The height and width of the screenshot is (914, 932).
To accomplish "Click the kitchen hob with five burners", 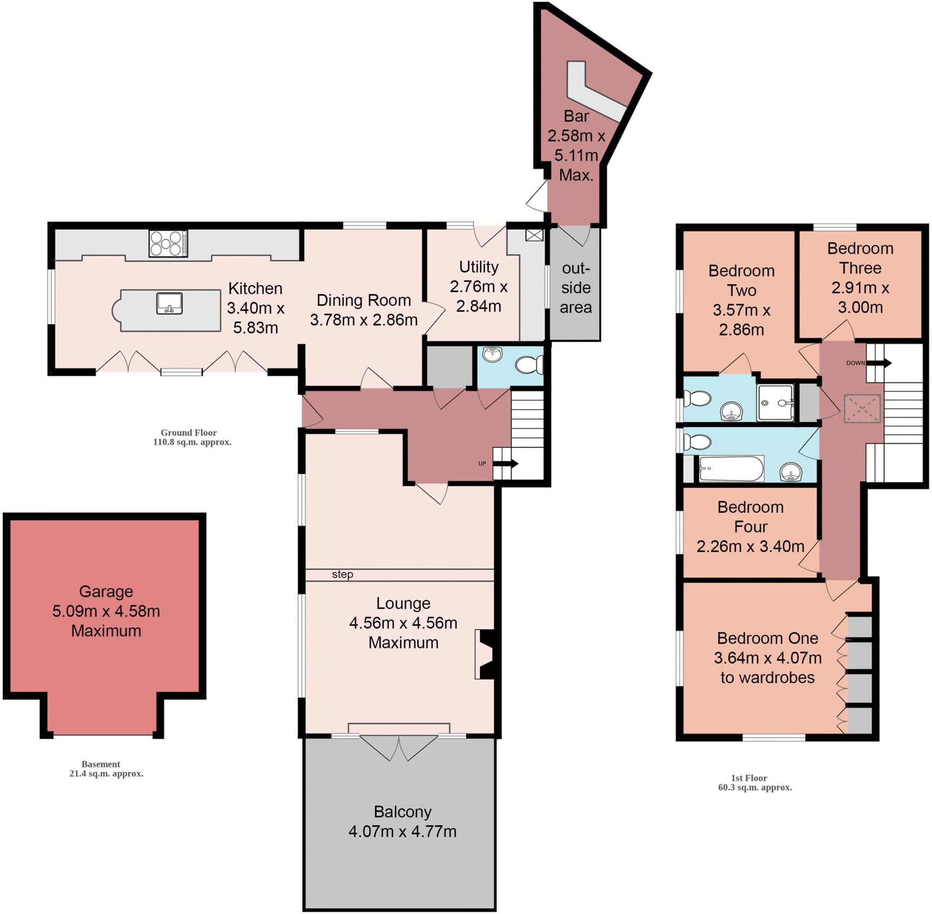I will pos(168,243).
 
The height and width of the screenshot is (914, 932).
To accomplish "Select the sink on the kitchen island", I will pos(169,303).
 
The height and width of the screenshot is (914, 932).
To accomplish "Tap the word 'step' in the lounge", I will pos(343,574).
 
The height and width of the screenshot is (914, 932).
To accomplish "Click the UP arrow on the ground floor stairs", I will pos(506,464).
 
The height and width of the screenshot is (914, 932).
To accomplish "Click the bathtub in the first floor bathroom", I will pos(731,469).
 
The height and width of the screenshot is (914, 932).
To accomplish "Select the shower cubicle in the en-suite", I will pos(775,403).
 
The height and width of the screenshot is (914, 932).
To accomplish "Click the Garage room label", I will pos(106,592).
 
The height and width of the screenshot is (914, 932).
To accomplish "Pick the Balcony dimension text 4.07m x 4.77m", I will pos(402,832).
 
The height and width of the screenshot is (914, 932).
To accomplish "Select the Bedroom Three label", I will pos(860,258).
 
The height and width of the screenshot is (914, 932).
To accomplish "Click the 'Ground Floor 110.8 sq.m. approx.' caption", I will pos(192,437).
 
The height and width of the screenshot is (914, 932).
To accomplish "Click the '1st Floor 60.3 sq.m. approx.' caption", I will pos(755,782).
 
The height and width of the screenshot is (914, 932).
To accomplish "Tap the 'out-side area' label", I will pos(576,287).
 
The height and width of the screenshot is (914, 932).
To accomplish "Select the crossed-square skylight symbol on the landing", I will pos(862,408).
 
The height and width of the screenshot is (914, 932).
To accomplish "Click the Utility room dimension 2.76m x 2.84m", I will pos(478,296).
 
